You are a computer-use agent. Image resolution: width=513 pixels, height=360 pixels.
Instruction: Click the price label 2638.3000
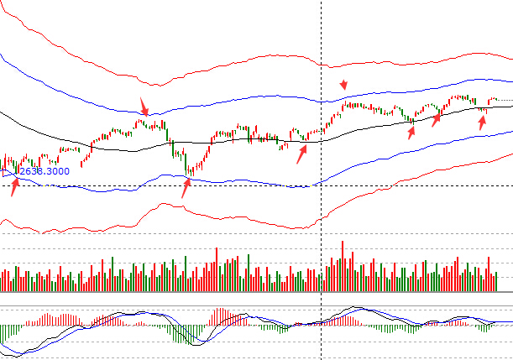tap(44, 171)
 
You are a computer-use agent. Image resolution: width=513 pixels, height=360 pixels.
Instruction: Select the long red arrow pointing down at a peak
tap(144, 107)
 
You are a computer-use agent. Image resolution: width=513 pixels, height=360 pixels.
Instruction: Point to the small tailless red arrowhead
tap(343, 85)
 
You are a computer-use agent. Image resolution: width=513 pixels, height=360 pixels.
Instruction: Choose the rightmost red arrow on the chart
tap(482, 122)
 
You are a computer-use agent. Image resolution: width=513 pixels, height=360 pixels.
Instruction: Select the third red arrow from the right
tap(411, 131)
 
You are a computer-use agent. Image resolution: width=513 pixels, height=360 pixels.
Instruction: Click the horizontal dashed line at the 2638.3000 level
tap(252, 185)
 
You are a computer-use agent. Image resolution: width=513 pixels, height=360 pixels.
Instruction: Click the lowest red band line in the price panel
tap(252, 224)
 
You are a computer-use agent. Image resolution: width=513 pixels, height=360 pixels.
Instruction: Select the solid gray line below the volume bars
tap(252, 293)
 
